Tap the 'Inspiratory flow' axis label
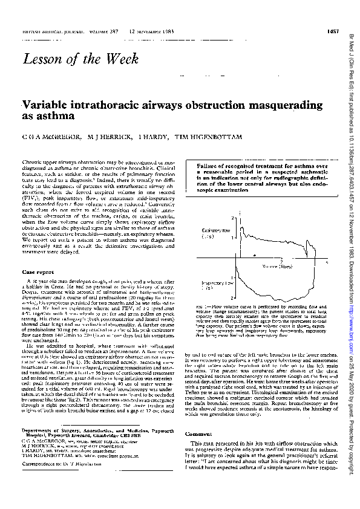click(215, 283)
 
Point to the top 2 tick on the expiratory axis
click(233, 216)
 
